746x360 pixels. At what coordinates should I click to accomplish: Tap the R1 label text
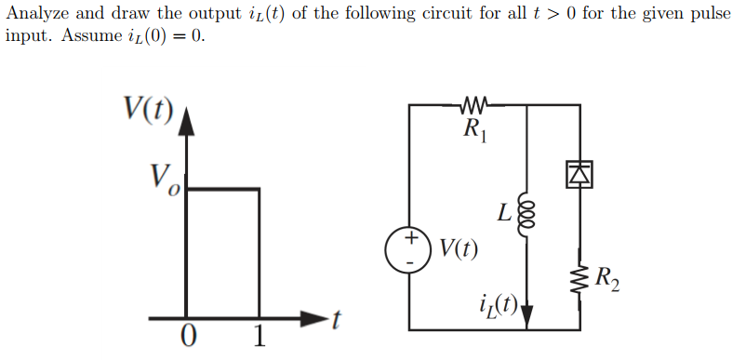point(475,129)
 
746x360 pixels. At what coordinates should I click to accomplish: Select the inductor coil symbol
point(527,217)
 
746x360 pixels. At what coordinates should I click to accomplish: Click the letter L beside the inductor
point(503,214)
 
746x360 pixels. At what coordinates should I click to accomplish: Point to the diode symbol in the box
point(579,172)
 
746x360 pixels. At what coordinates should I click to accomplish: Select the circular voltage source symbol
point(408,249)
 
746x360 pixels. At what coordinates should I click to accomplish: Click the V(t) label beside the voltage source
point(459,248)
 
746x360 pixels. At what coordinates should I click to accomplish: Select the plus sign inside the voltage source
point(408,239)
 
